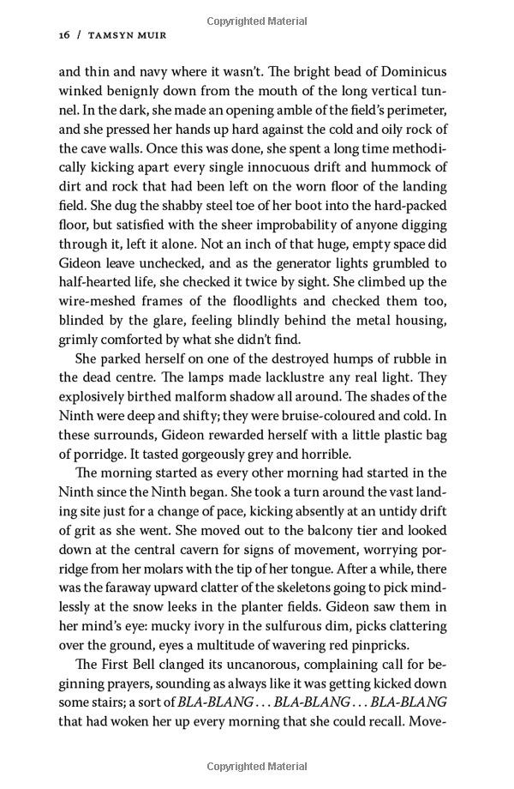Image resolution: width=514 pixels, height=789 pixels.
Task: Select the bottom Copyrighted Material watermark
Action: [257, 766]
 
